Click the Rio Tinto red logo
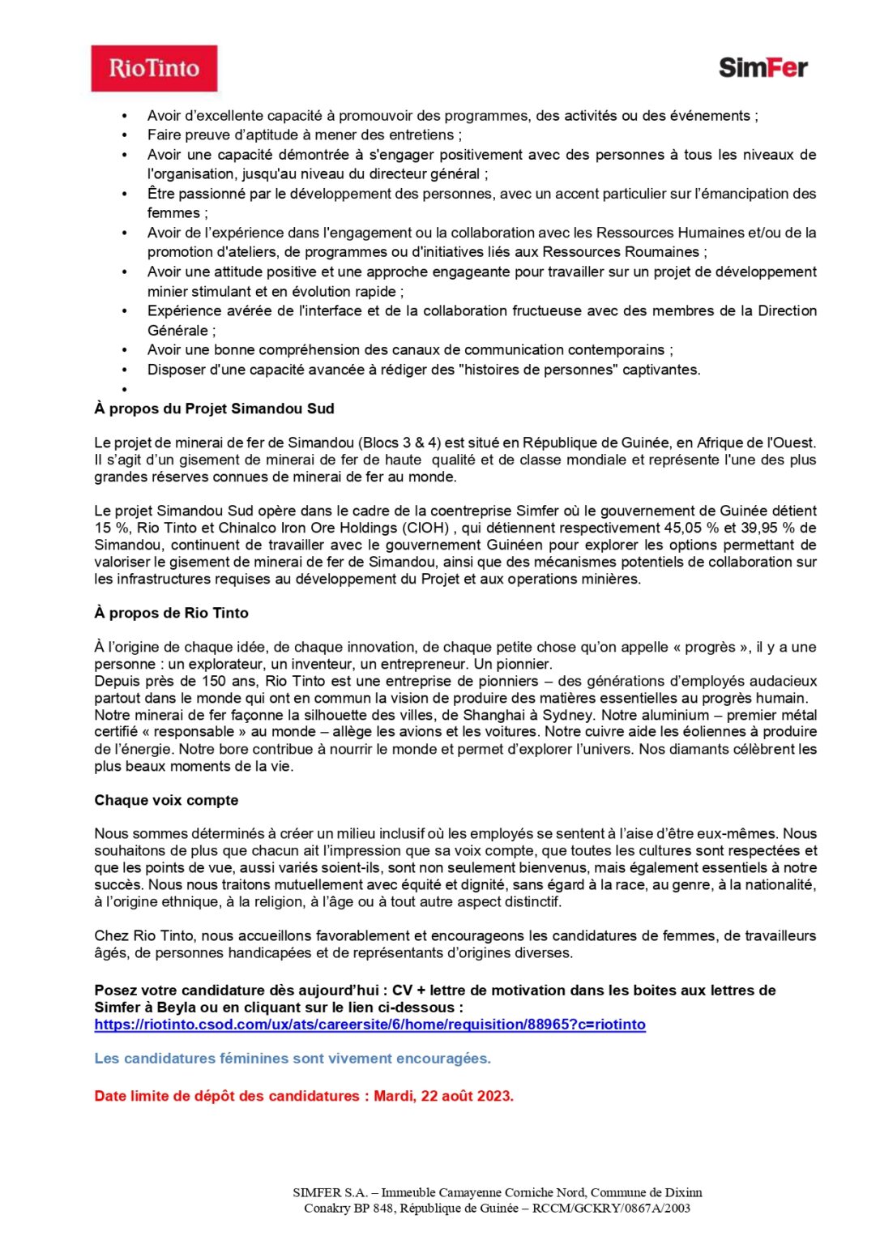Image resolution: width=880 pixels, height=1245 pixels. coord(154,68)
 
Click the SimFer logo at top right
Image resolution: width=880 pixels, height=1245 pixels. coord(763,67)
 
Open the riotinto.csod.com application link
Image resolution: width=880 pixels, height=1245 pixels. coord(370,1025)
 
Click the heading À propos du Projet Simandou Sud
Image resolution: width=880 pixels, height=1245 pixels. coord(214,409)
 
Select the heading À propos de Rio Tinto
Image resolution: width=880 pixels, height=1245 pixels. coord(171,613)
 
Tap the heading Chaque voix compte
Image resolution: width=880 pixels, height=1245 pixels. coord(166,800)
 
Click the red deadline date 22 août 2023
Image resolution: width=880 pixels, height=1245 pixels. coord(467,1096)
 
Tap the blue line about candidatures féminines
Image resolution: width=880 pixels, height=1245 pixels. coord(293,1059)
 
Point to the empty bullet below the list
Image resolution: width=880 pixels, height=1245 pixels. coord(125,389)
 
